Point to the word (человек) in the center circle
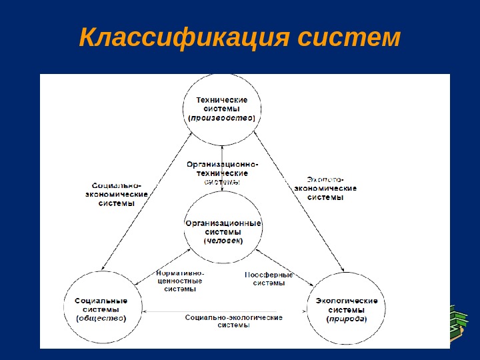223,241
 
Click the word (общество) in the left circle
101,318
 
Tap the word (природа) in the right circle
346,318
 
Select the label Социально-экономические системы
117,194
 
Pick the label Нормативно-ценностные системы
179,281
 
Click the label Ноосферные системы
269,279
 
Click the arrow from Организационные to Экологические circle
293,269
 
